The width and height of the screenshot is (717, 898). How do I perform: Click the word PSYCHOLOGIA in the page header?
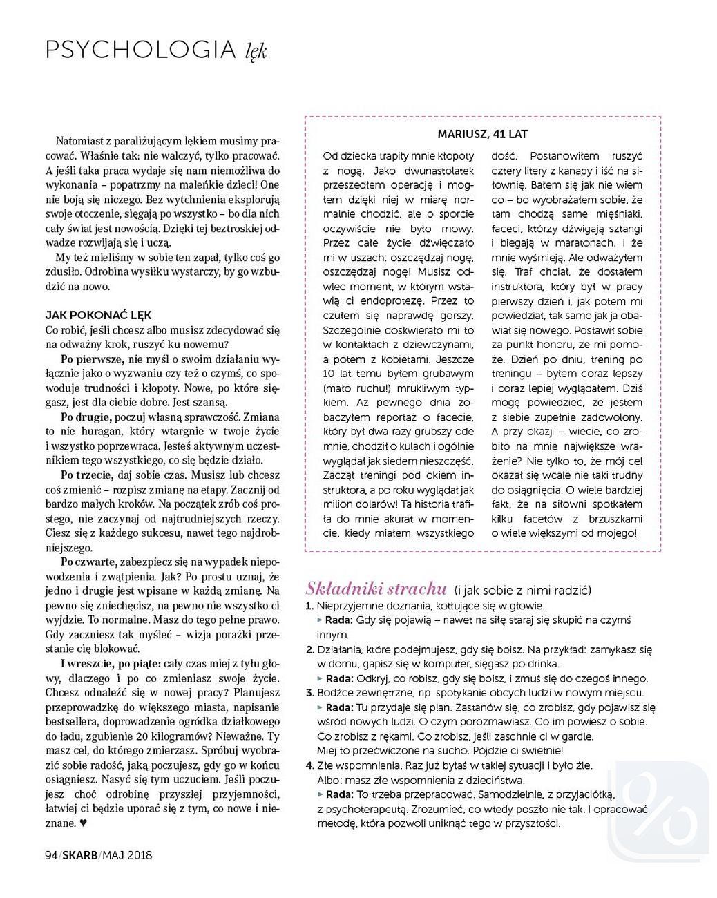[140, 50]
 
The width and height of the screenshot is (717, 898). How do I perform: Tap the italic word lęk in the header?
[256, 51]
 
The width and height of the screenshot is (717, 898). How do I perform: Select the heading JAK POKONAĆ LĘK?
[98, 315]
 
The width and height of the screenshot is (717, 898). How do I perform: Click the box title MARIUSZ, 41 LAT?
[483, 134]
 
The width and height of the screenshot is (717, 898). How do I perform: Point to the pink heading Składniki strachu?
[376, 589]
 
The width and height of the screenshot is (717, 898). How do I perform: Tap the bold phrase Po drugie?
[86, 417]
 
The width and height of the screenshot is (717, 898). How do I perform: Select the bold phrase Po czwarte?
[88, 562]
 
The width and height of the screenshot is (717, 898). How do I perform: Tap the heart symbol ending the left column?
[84, 823]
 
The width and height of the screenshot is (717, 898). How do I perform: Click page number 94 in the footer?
[50, 855]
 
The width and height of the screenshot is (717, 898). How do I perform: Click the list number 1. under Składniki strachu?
[309, 606]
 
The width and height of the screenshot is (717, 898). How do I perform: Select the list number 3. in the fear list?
[309, 693]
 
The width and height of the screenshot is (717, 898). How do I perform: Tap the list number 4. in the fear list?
[309, 765]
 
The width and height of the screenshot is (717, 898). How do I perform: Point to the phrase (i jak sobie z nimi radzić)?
[522, 590]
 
